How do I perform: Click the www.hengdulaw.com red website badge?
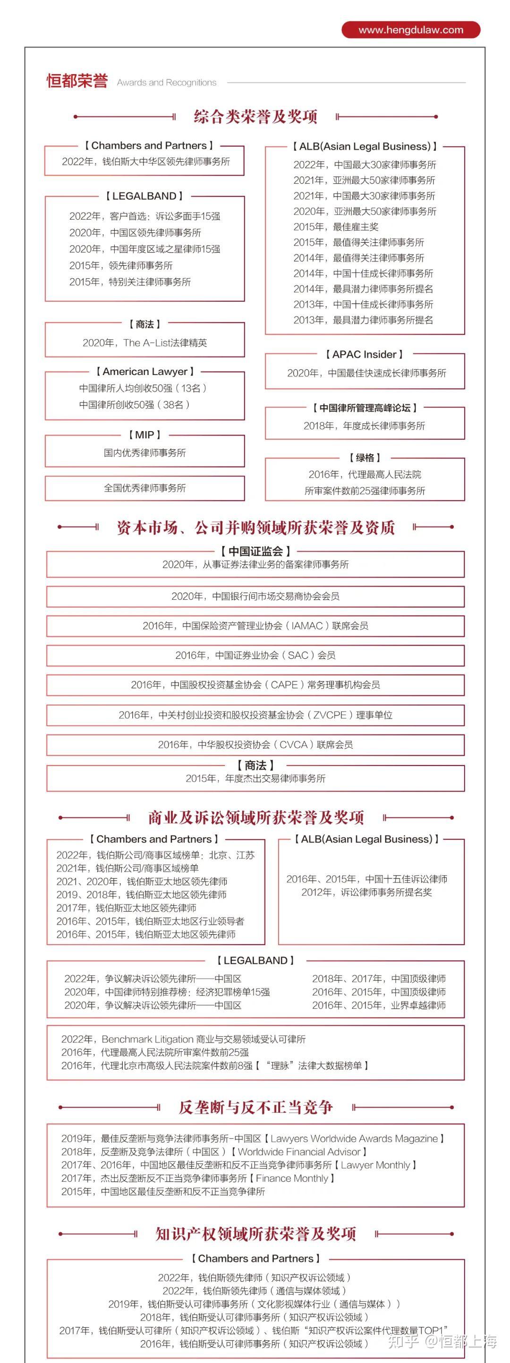pyautogui.click(x=410, y=30)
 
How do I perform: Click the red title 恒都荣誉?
pyautogui.click(x=77, y=81)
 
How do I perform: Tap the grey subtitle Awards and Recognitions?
pyautogui.click(x=167, y=83)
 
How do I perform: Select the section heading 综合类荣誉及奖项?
pyautogui.click(x=255, y=116)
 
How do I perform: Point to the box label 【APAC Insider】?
pyautogui.click(x=365, y=355)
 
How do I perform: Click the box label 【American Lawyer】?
pyautogui.click(x=145, y=371)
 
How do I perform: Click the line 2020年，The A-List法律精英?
pyautogui.click(x=144, y=343)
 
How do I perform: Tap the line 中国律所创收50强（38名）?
pyautogui.click(x=135, y=405)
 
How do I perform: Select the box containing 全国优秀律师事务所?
pyautogui.click(x=144, y=488)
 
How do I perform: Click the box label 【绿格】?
pyautogui.click(x=365, y=458)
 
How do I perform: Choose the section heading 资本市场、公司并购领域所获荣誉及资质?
pyautogui.click(x=255, y=528)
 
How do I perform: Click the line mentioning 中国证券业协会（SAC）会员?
pyautogui.click(x=255, y=655)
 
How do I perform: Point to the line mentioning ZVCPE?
pyautogui.click(x=255, y=715)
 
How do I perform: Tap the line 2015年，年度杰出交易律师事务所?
pyautogui.click(x=255, y=778)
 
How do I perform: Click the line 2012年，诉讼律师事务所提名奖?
pyautogui.click(x=366, y=892)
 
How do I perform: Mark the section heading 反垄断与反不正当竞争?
pyautogui.click(x=255, y=1107)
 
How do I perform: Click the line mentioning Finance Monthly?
pyautogui.click(x=198, y=1178)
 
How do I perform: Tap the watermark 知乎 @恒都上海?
pyautogui.click(x=442, y=1341)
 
